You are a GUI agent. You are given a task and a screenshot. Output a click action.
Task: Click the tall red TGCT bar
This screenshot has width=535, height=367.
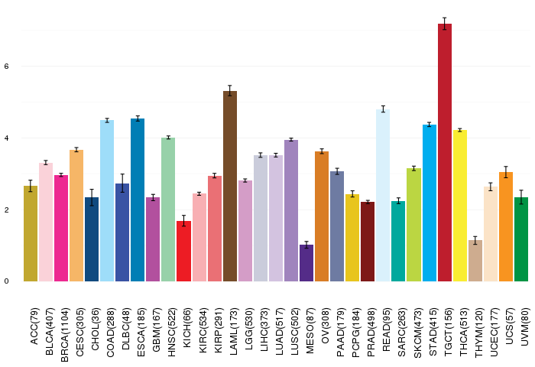pos(445,153)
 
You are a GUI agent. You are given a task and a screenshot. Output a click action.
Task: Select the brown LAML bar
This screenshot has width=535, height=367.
pos(230,187)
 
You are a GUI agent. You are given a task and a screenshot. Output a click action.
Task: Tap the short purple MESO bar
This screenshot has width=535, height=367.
pos(306,263)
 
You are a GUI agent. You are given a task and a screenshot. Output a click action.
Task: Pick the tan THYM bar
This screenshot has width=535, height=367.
pos(475,261)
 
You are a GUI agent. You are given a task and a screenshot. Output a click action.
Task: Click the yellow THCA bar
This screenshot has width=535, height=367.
pos(460,206)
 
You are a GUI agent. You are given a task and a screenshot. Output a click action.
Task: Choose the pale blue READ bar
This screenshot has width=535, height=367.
pos(383,196)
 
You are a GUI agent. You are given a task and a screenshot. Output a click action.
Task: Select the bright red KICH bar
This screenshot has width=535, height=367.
pos(184,252)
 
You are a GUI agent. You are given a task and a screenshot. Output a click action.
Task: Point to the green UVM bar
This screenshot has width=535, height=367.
pos(521,239)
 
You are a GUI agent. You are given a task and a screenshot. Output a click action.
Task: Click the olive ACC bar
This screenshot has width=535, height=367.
pos(31,234)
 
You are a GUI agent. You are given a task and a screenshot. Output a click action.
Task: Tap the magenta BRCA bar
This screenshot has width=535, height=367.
pos(61,229)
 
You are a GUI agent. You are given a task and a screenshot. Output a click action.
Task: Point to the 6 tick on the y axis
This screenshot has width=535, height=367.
pos(6,67)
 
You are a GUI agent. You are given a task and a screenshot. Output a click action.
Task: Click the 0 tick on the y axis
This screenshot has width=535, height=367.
pos(6,281)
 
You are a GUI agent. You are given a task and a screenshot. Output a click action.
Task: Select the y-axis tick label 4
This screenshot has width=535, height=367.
pos(6,138)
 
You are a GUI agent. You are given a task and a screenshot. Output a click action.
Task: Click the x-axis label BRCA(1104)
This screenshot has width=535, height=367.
pos(64,335)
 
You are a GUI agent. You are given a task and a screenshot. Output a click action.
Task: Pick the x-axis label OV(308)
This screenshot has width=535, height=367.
pos(325,326)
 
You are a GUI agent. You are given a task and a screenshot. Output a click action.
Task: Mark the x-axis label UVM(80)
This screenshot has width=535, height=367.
pos(525,326)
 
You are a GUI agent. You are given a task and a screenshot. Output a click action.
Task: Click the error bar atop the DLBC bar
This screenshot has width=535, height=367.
pos(122,183)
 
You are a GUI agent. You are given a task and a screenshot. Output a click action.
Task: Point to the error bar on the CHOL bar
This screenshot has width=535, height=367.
pos(92,197)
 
